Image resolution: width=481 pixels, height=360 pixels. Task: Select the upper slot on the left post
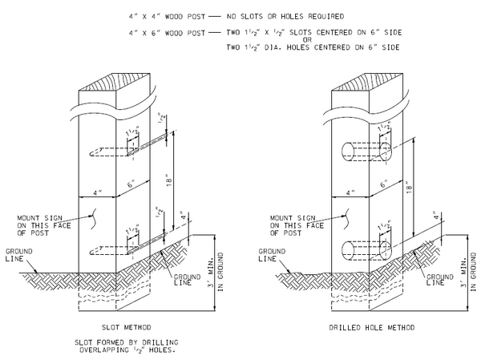(x=131, y=148)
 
